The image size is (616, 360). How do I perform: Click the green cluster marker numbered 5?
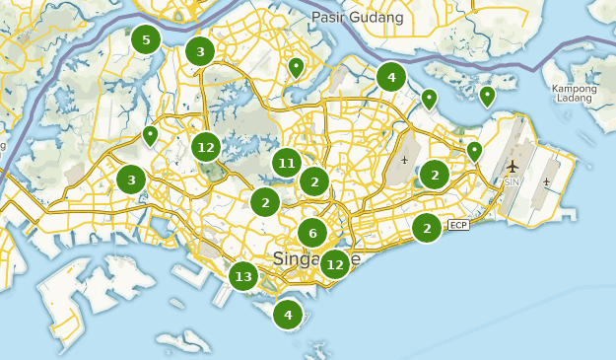click(x=146, y=40)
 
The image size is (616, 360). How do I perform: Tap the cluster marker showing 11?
click(x=287, y=164)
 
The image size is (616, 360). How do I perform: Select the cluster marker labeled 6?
click(x=312, y=234)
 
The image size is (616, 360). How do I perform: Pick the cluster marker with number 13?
click(x=244, y=276)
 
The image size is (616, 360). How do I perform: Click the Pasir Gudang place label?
click(x=358, y=18)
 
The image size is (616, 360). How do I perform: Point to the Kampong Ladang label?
click(x=575, y=95)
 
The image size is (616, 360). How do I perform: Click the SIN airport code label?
click(x=512, y=182)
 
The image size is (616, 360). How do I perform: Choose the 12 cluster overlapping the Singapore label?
click(x=335, y=263)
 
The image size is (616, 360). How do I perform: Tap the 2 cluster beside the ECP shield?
click(x=427, y=228)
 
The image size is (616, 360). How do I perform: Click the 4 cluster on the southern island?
click(x=288, y=316)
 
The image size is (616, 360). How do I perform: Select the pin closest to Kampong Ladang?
click(x=487, y=96)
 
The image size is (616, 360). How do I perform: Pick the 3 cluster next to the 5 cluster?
click(x=200, y=52)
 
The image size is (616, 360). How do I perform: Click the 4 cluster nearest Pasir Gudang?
click(x=391, y=77)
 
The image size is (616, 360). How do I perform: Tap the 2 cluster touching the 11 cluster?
click(x=314, y=181)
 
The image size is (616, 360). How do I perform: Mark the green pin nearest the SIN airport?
click(x=474, y=151)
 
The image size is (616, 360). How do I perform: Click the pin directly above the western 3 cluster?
click(x=150, y=135)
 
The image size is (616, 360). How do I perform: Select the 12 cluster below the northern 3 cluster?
click(x=205, y=148)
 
